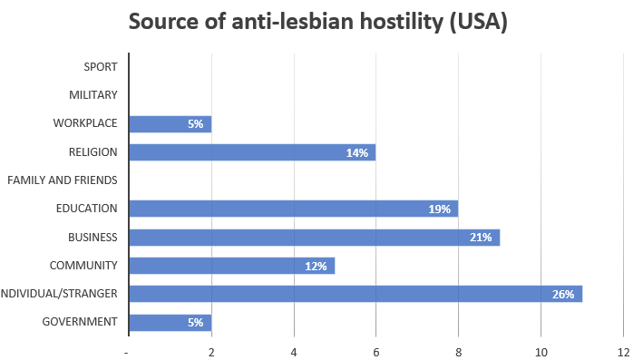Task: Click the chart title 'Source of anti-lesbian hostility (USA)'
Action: (318, 22)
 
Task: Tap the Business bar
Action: (313, 238)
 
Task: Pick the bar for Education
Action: (292, 209)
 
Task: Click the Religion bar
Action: (251, 152)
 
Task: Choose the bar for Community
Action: (231, 266)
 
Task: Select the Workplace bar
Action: (170, 124)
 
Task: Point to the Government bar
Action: (170, 322)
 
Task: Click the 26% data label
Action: (563, 294)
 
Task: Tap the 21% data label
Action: (481, 238)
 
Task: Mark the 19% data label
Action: (439, 209)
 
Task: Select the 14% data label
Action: (356, 152)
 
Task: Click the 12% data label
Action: (316, 266)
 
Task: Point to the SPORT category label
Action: (100, 67)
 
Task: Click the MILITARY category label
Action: (93, 95)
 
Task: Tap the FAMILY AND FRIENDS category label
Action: (63, 180)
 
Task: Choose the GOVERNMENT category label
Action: (80, 322)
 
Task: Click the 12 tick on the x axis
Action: (623, 352)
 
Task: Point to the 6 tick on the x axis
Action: (375, 352)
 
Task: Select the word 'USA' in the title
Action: (473, 22)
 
